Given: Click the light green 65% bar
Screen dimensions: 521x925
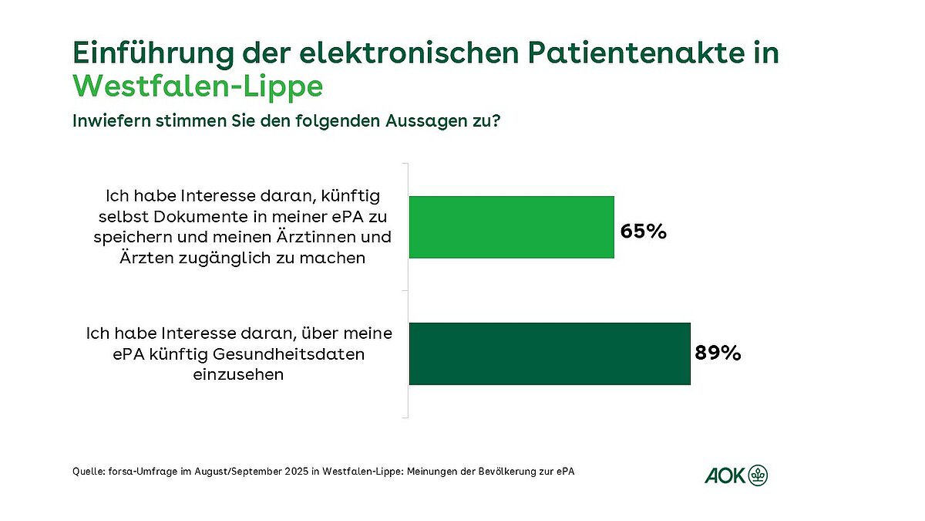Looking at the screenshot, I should click(x=511, y=227).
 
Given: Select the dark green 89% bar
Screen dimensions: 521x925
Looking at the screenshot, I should click(x=549, y=354).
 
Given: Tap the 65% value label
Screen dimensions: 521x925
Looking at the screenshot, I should click(x=644, y=231).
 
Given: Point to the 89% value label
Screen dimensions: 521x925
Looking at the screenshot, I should click(x=718, y=354).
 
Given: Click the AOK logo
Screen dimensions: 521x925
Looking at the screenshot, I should click(x=736, y=475).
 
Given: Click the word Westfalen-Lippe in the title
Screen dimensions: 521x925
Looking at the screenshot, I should click(x=197, y=86).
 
